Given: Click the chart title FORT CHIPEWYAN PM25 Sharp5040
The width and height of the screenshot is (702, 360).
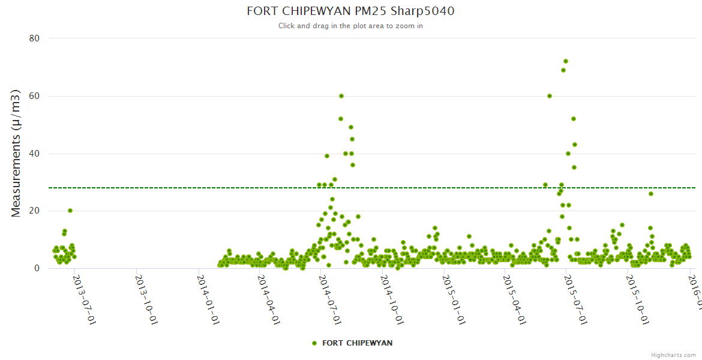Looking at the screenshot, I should click(350, 11).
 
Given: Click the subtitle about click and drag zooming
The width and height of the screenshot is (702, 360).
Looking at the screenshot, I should click(350, 26).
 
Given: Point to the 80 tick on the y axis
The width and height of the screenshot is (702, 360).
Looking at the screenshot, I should click(34, 38).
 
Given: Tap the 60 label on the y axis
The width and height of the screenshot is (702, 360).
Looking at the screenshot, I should click(34, 96).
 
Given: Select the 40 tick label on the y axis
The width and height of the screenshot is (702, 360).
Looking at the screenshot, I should click(34, 154).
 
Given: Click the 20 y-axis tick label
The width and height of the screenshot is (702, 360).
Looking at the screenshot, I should click(34, 211).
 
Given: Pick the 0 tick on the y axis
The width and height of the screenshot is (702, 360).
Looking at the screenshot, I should click(37, 269).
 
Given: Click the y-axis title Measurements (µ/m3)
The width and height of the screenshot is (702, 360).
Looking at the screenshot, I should click(16, 153).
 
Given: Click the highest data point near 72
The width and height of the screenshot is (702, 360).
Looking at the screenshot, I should click(565, 61).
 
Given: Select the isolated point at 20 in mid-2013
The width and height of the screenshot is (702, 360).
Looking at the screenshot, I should click(70, 211).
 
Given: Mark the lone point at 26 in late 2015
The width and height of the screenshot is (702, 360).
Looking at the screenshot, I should click(650, 194).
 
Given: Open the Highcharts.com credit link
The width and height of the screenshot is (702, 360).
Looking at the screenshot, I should click(673, 355).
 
